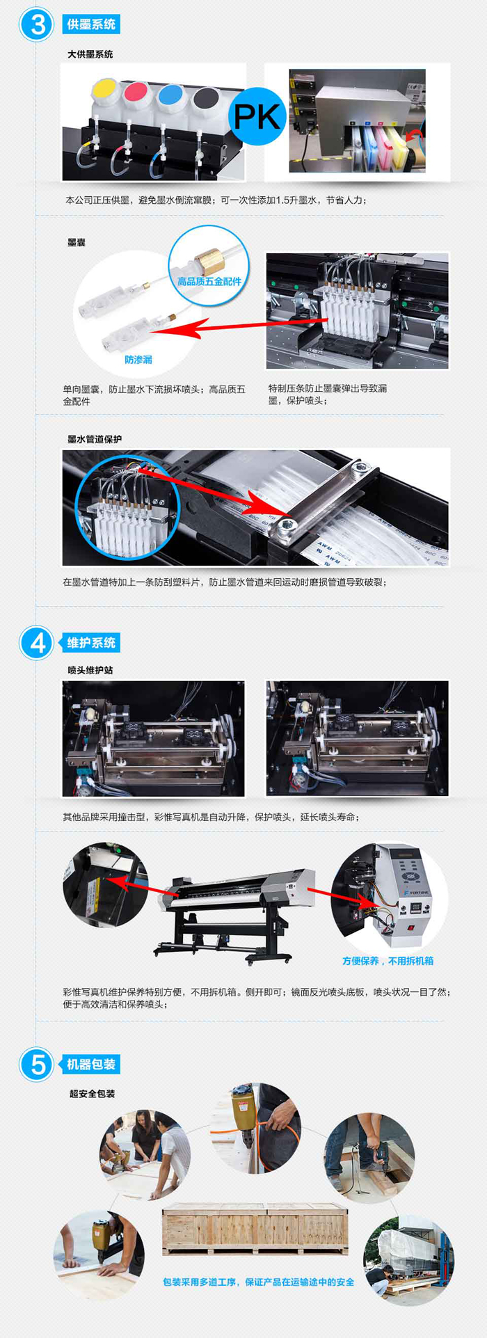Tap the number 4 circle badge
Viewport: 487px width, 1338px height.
(x=37, y=642)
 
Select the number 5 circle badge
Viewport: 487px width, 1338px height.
(x=37, y=1064)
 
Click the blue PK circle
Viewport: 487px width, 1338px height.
(x=257, y=116)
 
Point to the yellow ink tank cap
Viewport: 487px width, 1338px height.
(x=104, y=89)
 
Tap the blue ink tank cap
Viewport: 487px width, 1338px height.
(x=170, y=94)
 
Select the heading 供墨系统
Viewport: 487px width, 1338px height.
(x=91, y=24)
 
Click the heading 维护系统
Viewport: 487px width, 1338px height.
(x=91, y=643)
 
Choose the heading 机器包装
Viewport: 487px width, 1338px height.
(x=91, y=1065)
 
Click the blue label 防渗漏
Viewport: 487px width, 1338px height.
(x=138, y=360)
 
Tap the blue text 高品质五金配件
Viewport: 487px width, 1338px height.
(x=209, y=282)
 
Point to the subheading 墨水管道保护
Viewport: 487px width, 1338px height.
(x=95, y=439)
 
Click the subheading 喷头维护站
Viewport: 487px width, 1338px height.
(x=90, y=670)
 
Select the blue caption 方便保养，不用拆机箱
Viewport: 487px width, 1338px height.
(x=388, y=961)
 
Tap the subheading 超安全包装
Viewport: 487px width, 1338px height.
(x=92, y=1094)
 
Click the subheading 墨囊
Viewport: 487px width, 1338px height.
(x=77, y=242)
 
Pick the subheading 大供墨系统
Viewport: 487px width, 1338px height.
(x=90, y=54)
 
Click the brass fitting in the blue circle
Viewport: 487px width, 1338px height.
(x=207, y=260)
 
